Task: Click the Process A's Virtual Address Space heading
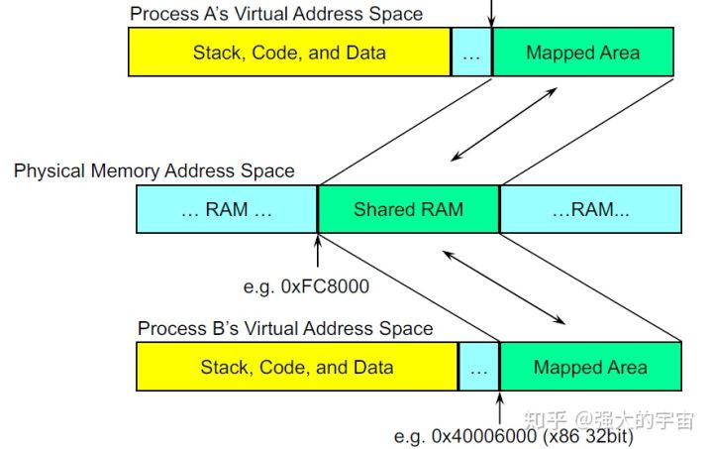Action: click(276, 14)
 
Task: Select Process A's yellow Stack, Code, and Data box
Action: click(289, 52)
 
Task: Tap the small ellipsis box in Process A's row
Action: click(471, 53)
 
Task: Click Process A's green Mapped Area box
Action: click(582, 52)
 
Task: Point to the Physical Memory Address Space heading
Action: click(153, 170)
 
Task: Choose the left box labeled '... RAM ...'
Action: click(226, 209)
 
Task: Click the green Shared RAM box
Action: click(408, 209)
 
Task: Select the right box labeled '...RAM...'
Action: click(590, 209)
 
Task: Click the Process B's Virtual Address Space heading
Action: click(285, 328)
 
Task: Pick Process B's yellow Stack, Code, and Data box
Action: click(297, 367)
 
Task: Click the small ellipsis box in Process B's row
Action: click(479, 368)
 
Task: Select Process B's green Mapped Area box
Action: click(590, 367)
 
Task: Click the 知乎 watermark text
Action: click(553, 419)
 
